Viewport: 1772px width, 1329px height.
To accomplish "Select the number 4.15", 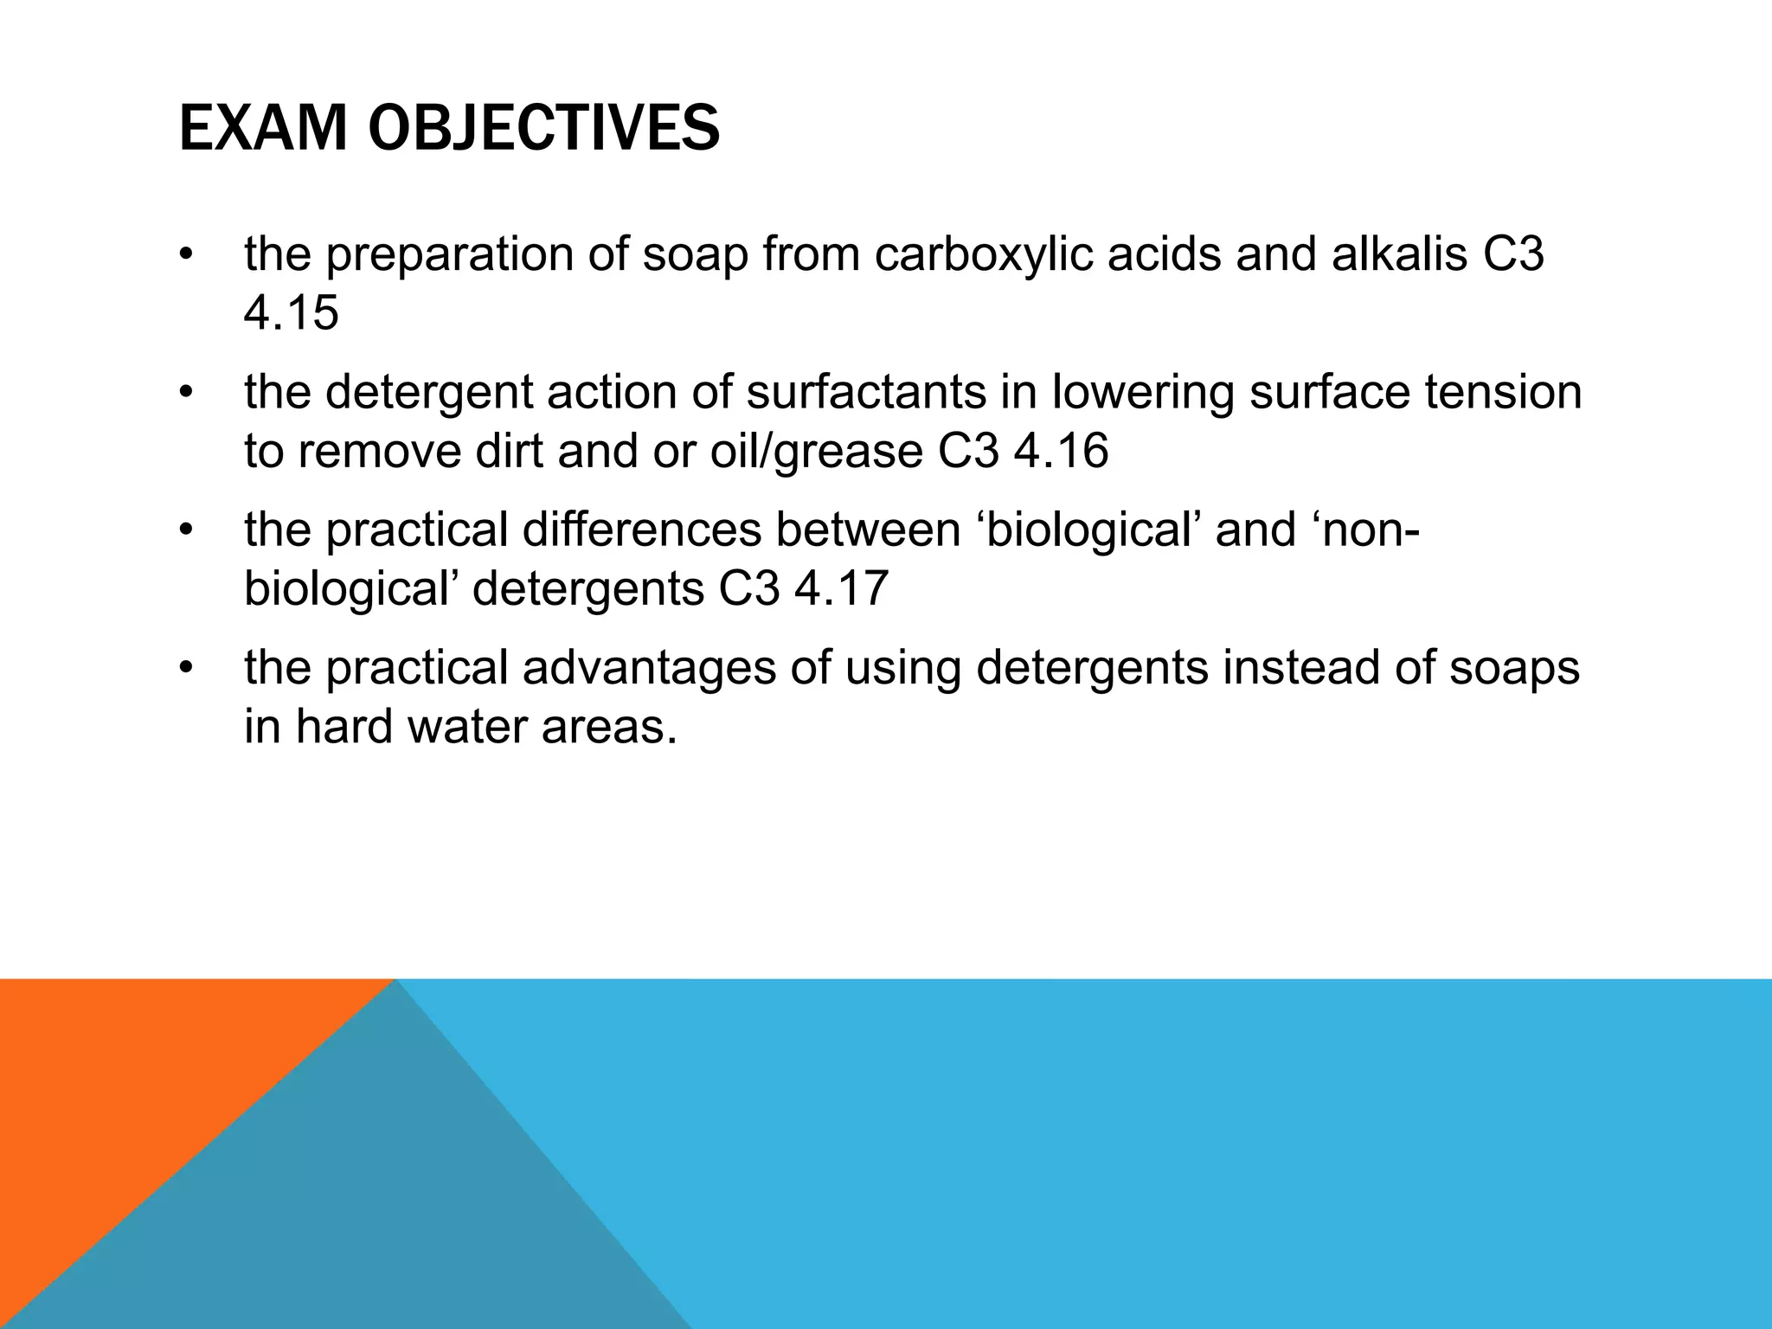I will click(291, 313).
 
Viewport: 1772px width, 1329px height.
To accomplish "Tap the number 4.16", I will click(1060, 452).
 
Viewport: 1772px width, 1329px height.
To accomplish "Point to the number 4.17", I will click(841, 589).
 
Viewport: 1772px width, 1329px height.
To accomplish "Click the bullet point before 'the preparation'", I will click(184, 256).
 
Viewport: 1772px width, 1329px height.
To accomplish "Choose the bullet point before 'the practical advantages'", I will click(184, 669).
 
